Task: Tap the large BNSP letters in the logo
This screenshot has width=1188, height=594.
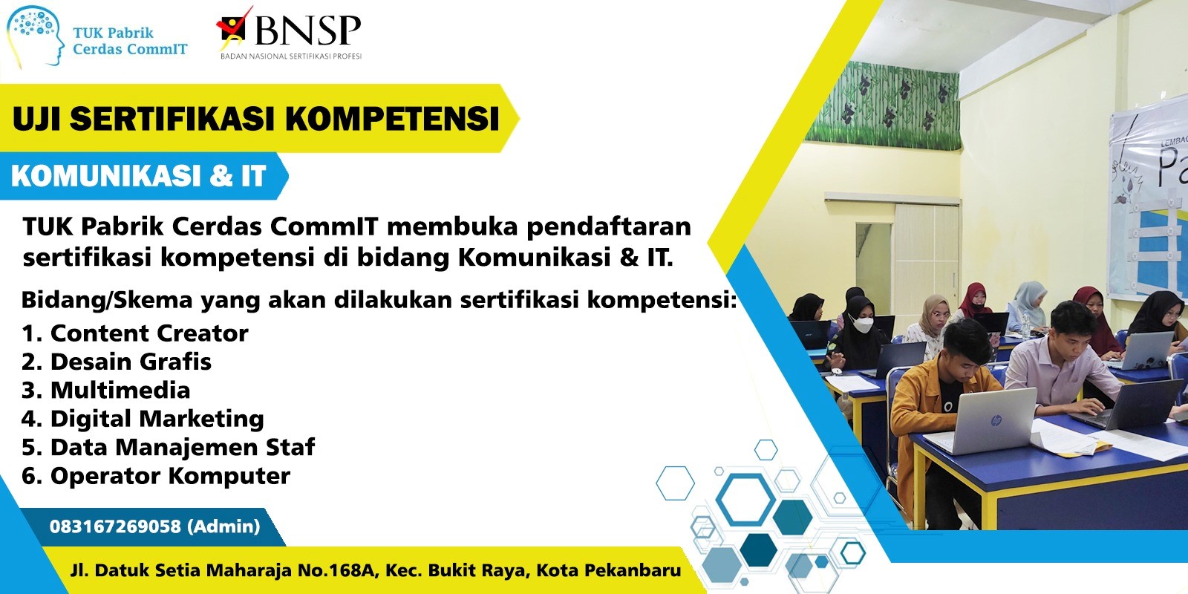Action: [x=307, y=30]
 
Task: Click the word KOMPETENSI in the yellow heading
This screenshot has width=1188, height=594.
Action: [x=393, y=118]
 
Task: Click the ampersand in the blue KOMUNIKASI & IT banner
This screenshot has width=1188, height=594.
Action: [x=221, y=176]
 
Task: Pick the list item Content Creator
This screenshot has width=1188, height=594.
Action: [x=134, y=333]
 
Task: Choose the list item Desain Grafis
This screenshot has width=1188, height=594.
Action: [x=116, y=362]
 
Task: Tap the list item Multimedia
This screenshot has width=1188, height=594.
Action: [x=105, y=391]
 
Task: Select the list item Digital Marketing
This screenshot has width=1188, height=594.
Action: [x=143, y=419]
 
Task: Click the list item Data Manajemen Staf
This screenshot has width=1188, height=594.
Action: [x=168, y=447]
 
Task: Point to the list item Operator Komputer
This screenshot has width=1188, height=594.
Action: [x=156, y=476]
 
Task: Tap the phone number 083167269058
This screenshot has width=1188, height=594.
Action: [x=116, y=526]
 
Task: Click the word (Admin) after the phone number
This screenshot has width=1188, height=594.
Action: [x=223, y=526]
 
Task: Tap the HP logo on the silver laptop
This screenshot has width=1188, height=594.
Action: [x=996, y=420]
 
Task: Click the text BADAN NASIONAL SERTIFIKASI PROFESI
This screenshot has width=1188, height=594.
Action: [x=291, y=56]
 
